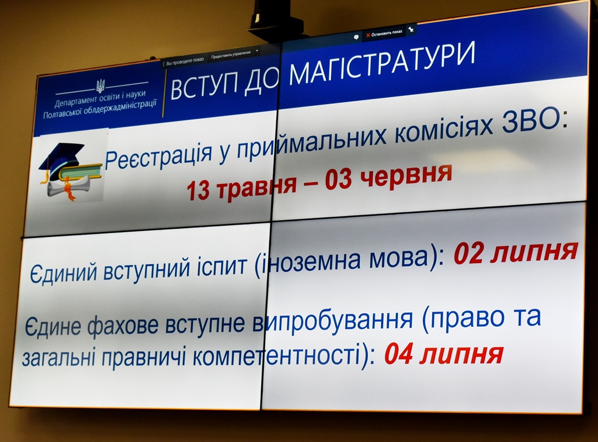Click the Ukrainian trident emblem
click(100, 87)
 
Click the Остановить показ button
click(384, 34)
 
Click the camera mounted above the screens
click(272, 19)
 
